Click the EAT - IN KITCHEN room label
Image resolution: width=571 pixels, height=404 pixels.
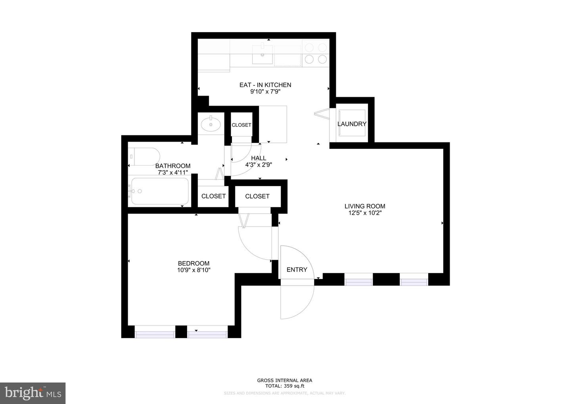[265, 85]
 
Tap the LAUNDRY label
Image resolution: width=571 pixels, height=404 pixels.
[352, 124]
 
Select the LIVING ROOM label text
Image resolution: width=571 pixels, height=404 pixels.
[364, 206]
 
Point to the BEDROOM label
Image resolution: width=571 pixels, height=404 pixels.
[194, 263]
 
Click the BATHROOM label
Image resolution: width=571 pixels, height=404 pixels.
[172, 166]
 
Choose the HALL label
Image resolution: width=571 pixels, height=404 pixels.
[259, 158]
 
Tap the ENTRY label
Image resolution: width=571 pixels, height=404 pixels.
[297, 269]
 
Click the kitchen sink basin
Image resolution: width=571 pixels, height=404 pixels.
[263, 54]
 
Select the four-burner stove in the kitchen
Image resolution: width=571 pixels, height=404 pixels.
[316, 53]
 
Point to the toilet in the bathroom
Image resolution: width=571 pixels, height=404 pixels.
[144, 157]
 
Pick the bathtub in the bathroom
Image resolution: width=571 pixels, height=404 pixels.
[160, 191]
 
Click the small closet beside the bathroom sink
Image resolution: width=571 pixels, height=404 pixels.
[241, 125]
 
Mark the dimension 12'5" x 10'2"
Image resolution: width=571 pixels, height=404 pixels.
[364, 213]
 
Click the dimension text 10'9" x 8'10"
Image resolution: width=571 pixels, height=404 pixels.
[194, 270]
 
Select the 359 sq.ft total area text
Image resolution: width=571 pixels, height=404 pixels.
[285, 386]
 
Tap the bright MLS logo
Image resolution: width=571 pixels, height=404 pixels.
[33, 393]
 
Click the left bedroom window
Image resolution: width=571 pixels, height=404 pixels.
[155, 332]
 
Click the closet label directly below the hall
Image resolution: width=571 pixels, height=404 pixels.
[257, 196]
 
